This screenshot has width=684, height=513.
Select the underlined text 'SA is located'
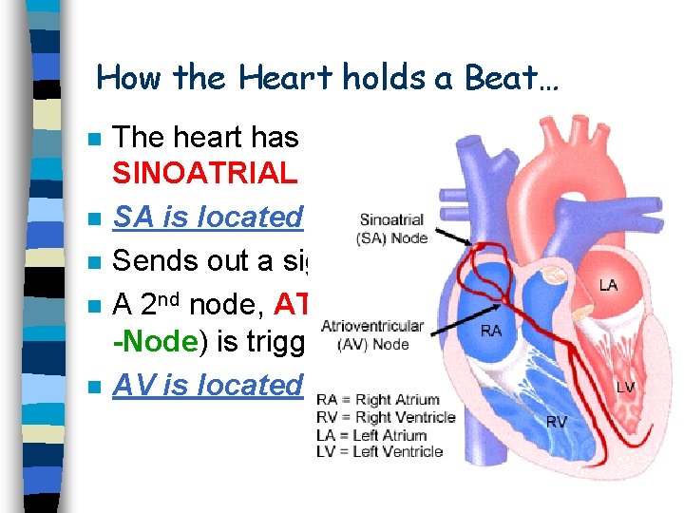[207, 217]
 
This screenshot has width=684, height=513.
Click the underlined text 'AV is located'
[207, 385]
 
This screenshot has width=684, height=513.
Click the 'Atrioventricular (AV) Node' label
[372, 334]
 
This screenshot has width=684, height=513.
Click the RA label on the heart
[490, 331]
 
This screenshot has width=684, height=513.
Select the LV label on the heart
[626, 388]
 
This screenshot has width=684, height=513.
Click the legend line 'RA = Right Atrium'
[378, 400]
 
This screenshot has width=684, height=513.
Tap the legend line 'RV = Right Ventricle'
[386, 417]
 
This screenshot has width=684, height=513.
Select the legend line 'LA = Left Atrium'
[371, 434]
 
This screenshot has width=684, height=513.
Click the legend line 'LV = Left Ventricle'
[379, 451]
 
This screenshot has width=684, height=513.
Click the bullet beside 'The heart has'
[92, 139]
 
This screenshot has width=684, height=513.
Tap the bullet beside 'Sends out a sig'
[92, 262]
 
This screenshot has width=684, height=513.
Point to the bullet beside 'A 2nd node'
[92, 306]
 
